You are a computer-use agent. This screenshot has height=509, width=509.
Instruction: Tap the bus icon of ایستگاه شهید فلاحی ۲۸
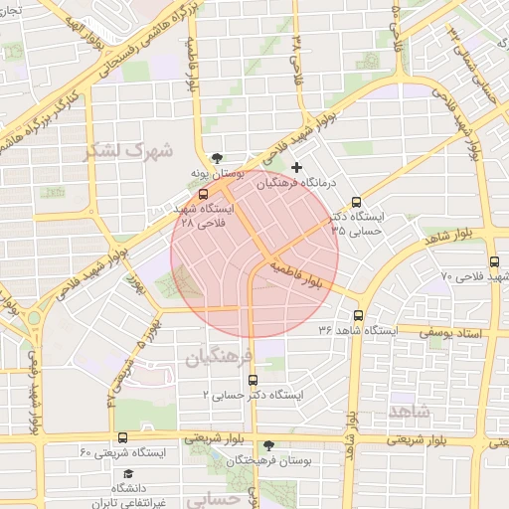point(204,195)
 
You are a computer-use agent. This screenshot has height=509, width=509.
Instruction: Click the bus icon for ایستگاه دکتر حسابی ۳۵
point(357,201)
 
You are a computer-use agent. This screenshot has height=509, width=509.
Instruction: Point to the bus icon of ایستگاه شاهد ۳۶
point(358,314)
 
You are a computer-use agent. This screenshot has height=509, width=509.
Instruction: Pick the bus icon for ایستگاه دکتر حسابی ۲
point(253,379)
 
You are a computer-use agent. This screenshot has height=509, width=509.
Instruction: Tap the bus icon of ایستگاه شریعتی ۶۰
point(122,437)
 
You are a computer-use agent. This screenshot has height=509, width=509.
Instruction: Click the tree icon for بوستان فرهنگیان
point(268,445)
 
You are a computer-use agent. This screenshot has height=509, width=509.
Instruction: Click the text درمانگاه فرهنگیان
point(298,184)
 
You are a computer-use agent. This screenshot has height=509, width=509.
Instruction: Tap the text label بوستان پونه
point(217,174)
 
